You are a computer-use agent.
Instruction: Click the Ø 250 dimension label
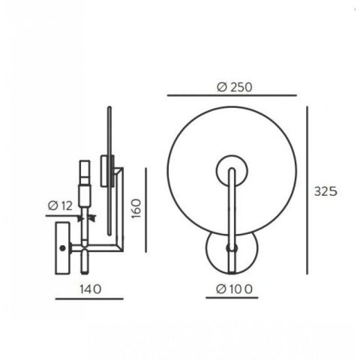235,87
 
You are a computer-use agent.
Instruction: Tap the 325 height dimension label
325,191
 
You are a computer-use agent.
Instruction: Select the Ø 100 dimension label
234,289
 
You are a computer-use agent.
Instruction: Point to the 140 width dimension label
91,289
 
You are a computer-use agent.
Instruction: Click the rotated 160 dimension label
136,208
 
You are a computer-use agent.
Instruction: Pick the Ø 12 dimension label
60,205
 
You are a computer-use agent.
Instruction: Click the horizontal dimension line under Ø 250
232,95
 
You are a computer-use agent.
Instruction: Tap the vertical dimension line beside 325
307,190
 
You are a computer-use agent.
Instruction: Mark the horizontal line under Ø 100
232,298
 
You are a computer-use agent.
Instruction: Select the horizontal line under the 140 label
89,298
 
